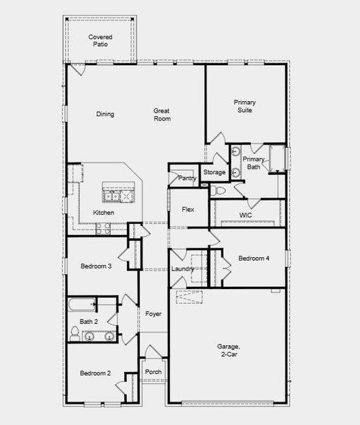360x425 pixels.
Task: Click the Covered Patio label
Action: coord(101,40)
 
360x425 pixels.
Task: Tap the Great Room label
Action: coord(162,114)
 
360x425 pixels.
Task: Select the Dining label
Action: coord(105,114)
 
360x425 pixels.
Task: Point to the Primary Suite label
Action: coord(244,106)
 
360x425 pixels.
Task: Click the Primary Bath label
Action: coord(254,164)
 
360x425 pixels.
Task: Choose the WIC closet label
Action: coord(246,214)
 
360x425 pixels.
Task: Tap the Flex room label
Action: coord(188,210)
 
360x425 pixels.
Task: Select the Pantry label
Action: coord(187,178)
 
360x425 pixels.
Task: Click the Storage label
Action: coord(214,172)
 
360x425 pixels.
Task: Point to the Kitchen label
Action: coord(103,212)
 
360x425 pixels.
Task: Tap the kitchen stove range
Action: coord(101,228)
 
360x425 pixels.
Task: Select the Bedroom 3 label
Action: coord(95,266)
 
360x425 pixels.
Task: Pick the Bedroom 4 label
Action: coord(254,258)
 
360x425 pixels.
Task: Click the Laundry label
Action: coord(182,269)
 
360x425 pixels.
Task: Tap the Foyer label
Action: coord(153,314)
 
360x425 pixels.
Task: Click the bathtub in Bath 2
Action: coord(81,307)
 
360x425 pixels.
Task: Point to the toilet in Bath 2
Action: coord(74,332)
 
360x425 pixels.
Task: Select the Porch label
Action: coord(152,372)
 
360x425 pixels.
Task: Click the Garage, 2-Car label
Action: coord(228,350)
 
